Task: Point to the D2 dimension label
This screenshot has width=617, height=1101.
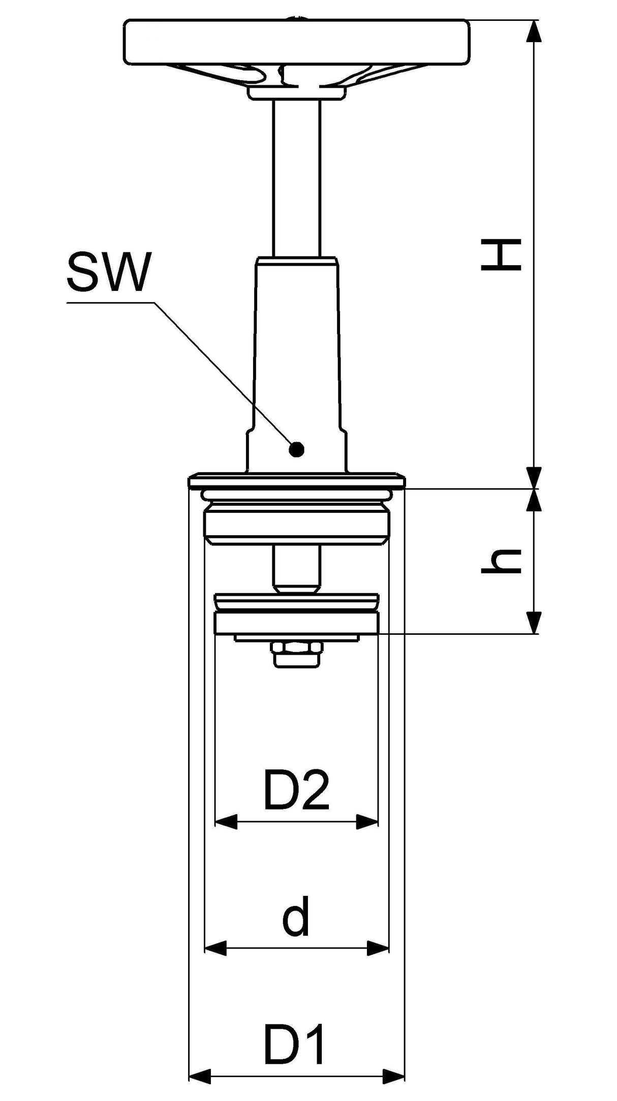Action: click(297, 791)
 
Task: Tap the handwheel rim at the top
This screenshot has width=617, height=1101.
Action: click(296, 42)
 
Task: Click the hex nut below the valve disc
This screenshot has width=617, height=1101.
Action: click(297, 654)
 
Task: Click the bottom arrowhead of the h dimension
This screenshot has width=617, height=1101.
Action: click(533, 623)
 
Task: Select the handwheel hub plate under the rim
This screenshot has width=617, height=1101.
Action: click(297, 93)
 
